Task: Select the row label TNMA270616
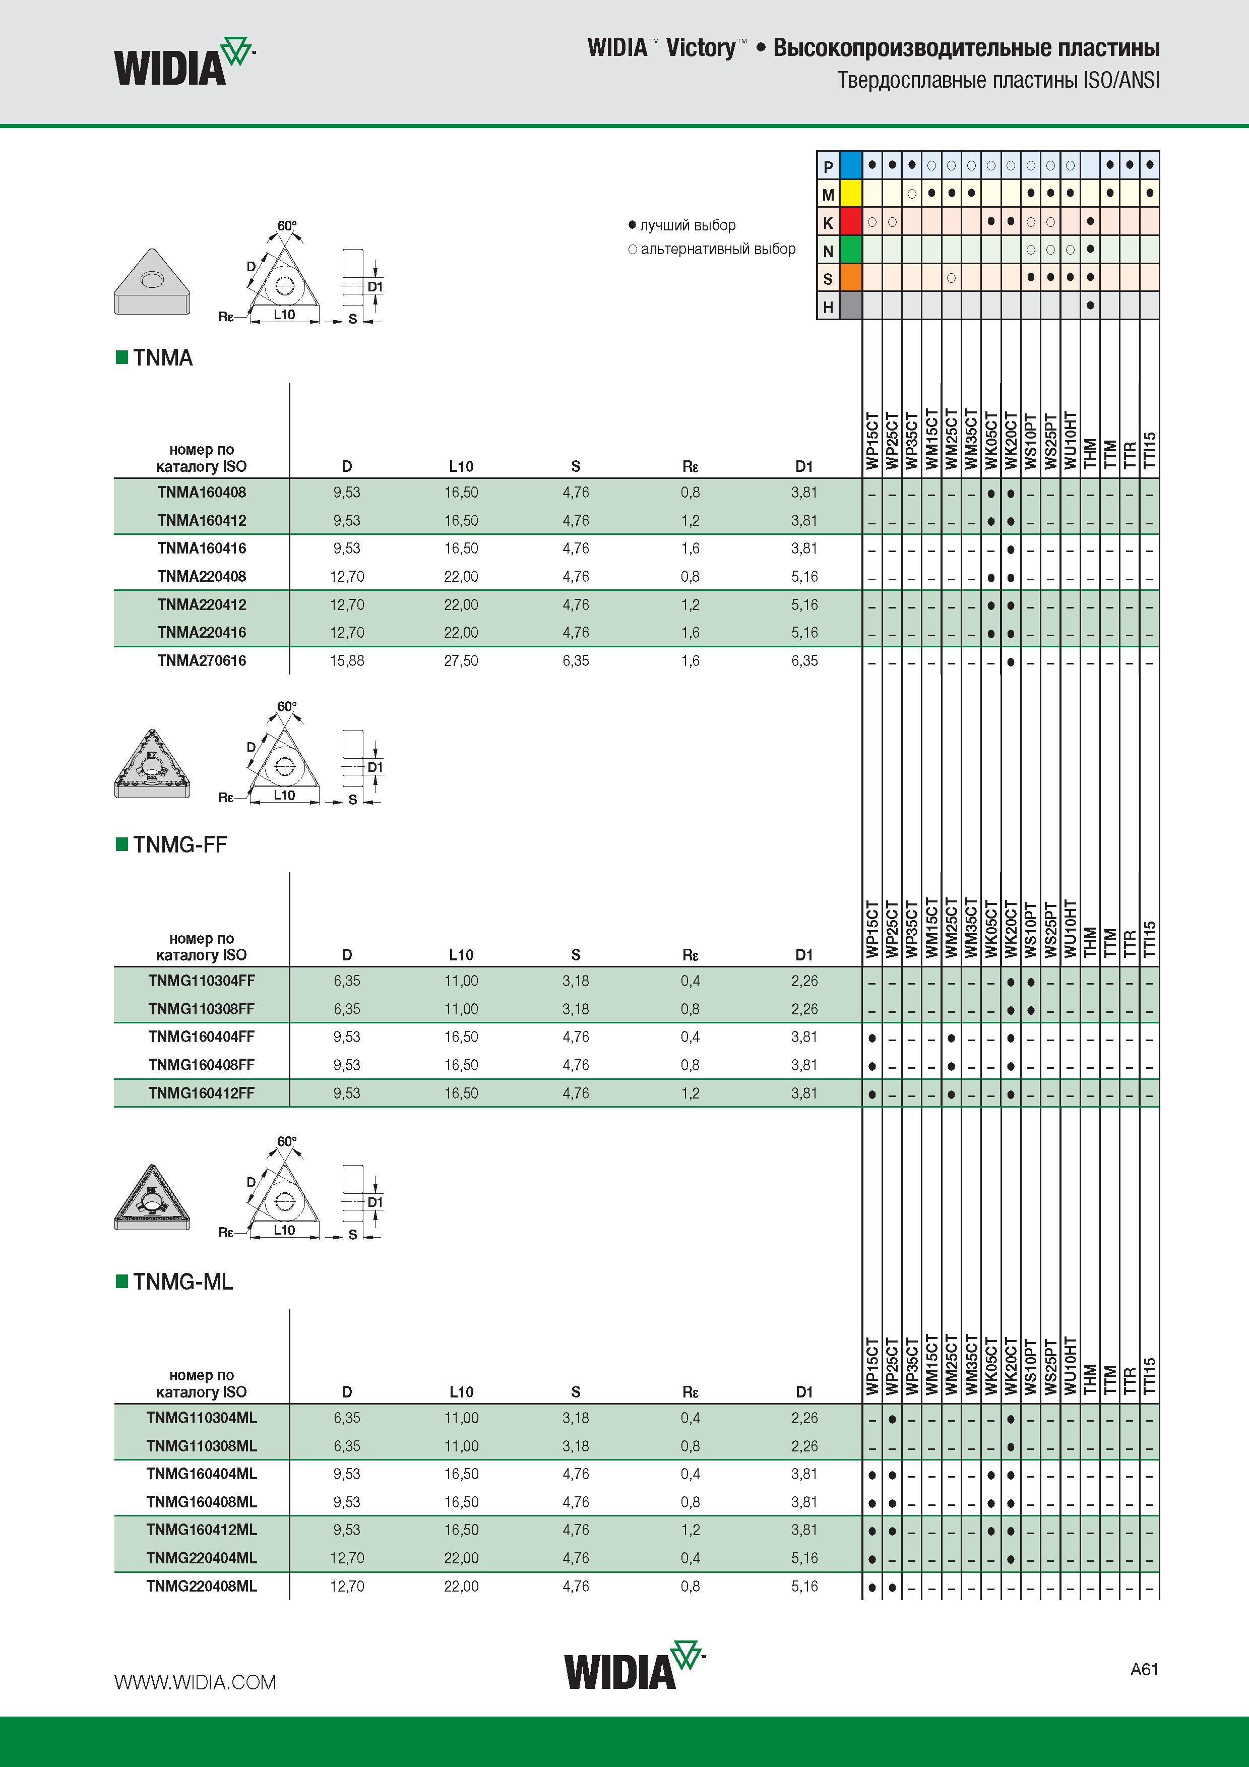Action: [202, 660]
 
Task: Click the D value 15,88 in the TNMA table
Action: [347, 660]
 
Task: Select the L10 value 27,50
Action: [461, 660]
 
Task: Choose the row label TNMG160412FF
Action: [202, 1093]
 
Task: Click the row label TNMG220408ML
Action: [202, 1586]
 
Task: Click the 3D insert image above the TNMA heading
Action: [152, 281]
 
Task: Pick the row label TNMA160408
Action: [202, 493]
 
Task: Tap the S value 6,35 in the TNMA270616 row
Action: [576, 660]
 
